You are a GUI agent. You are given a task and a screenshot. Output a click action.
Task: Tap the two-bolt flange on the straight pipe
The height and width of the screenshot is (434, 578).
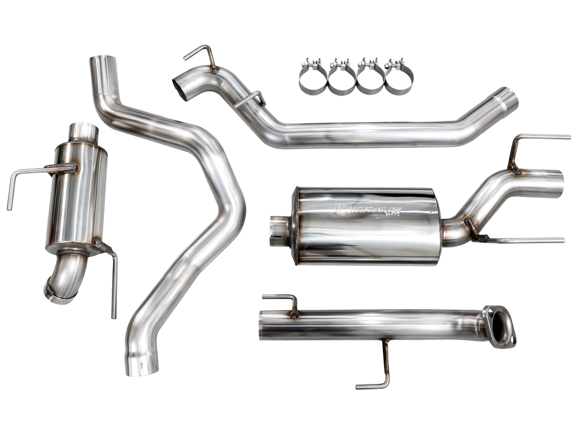tap(501, 327)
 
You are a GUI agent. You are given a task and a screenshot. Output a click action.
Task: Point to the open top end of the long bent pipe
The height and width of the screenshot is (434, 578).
tap(103, 62)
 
